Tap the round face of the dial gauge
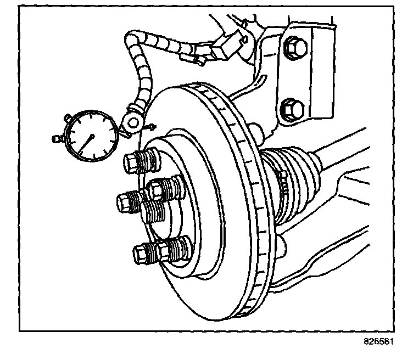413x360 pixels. [x=91, y=136]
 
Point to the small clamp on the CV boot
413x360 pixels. [x=284, y=181]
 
